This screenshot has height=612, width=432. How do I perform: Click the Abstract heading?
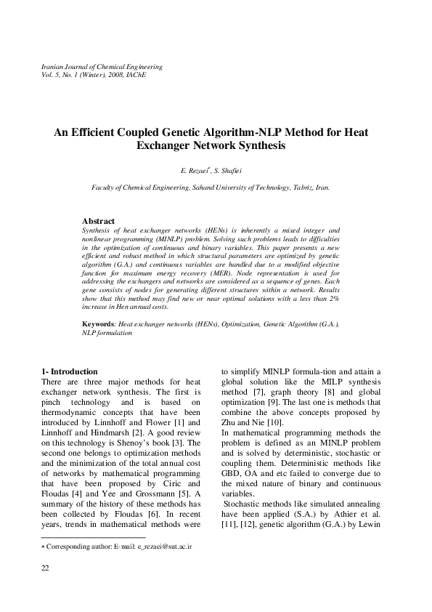click(98, 220)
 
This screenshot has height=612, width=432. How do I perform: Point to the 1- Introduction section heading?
click(69, 371)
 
